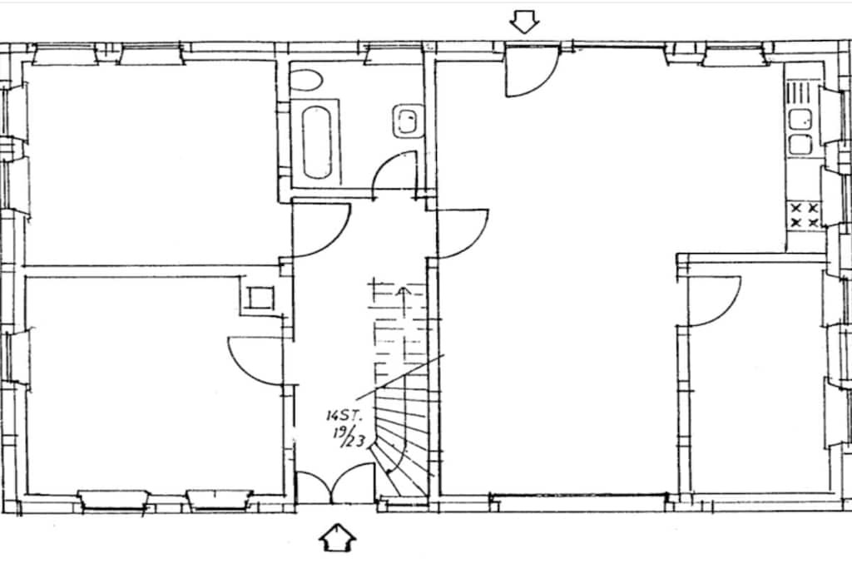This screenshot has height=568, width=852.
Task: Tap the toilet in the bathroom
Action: (305, 80)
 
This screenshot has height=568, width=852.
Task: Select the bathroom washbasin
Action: (407, 121)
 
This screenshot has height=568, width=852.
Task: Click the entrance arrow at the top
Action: (524, 22)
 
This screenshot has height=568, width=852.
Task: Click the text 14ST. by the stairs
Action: (344, 416)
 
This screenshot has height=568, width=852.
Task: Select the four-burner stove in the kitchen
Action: (805, 215)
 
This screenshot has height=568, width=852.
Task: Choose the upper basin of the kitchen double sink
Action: (800, 119)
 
